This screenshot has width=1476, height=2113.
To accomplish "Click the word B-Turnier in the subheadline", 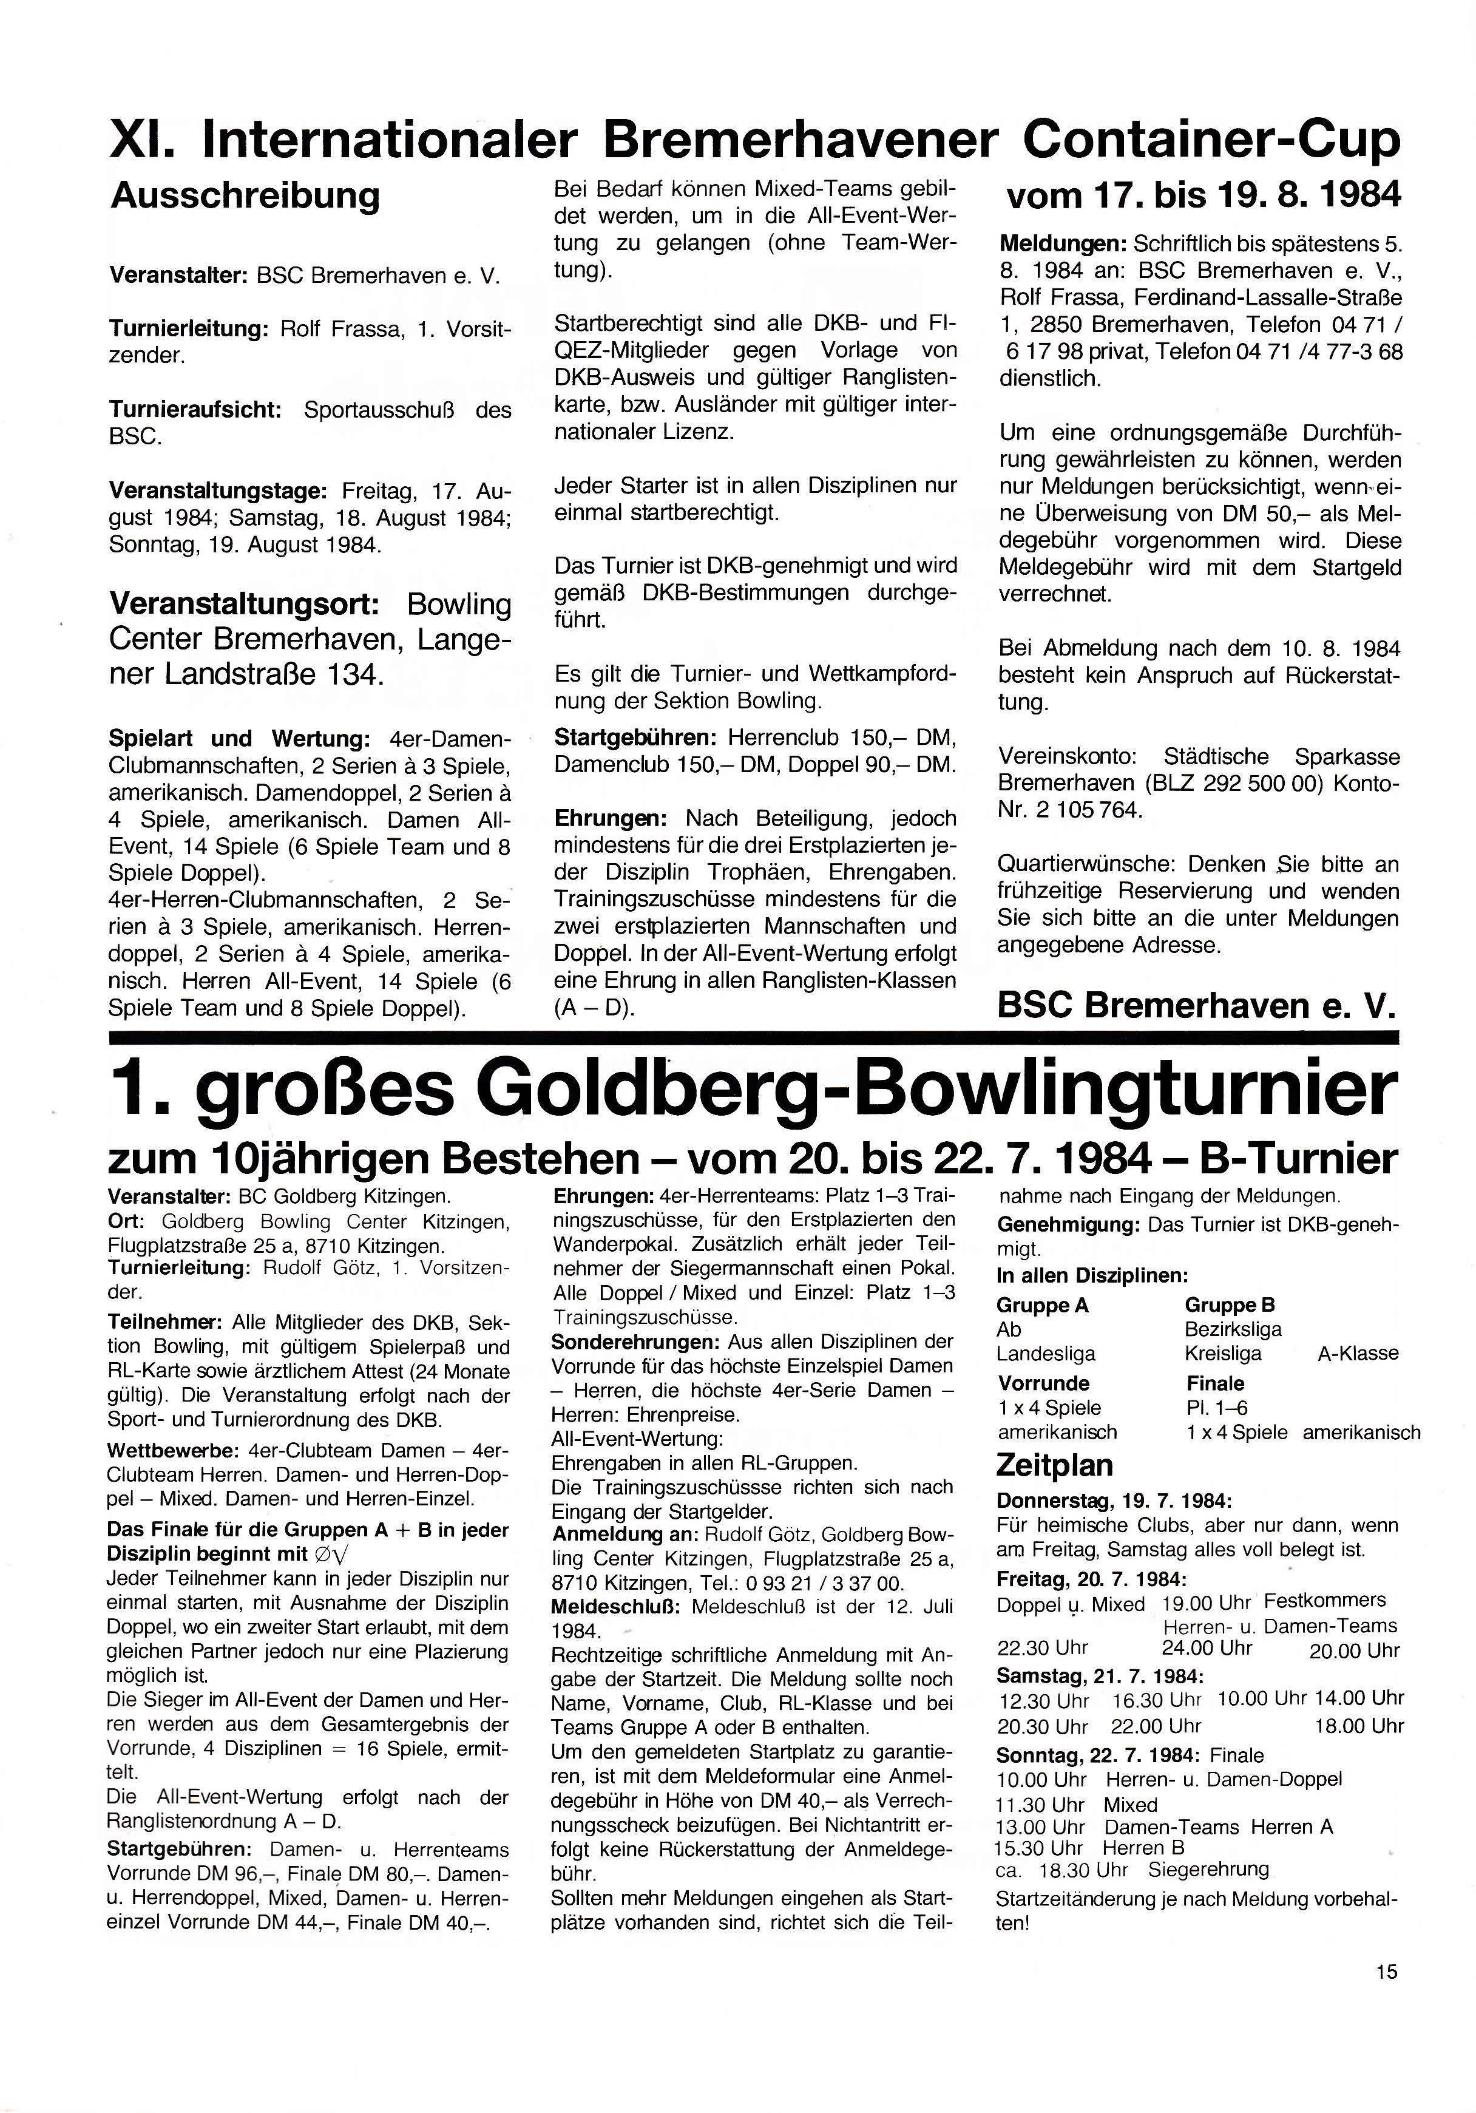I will tap(1298, 1159).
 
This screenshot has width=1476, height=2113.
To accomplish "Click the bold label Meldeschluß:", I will tap(615, 1608).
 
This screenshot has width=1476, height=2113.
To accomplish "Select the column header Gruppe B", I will tap(1230, 1305).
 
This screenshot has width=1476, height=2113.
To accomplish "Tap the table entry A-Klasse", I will tap(1357, 1354).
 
